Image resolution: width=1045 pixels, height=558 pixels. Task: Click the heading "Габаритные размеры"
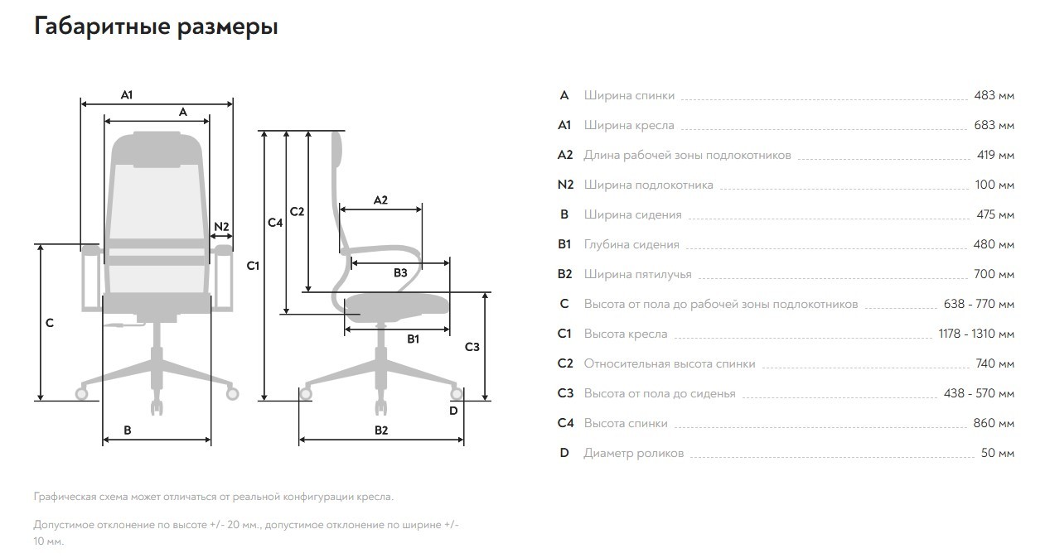coord(156,26)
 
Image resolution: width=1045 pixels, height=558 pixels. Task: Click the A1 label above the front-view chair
coord(127,95)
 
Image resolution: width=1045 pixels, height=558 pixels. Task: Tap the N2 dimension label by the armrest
coord(221,227)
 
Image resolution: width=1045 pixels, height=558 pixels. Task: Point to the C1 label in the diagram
coord(253,266)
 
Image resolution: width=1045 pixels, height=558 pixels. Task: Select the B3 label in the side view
coord(400,272)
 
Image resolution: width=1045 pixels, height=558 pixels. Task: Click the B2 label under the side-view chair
coord(381,431)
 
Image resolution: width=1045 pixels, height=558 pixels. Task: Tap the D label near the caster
coord(453,411)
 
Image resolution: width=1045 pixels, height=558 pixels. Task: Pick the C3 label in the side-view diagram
coord(472,347)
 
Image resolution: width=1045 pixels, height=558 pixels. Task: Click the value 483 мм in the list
coord(994,95)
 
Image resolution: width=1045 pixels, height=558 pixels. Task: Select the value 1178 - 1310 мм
coord(976,334)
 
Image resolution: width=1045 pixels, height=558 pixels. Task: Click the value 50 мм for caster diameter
coord(998,453)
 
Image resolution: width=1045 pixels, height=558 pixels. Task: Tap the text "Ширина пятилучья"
coord(638,275)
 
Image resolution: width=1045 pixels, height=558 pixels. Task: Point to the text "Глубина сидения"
coord(631,245)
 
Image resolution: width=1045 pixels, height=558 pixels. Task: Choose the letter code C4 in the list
coord(565,423)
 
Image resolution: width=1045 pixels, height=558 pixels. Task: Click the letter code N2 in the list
coord(565,185)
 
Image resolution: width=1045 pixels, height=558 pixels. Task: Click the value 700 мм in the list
coord(994,274)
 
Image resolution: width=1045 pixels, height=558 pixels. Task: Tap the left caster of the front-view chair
coord(82,394)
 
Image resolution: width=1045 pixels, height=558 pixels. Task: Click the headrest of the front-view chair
coord(157,149)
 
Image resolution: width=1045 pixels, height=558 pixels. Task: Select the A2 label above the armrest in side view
coord(380,200)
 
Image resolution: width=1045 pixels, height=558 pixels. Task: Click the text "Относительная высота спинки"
coord(670,363)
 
